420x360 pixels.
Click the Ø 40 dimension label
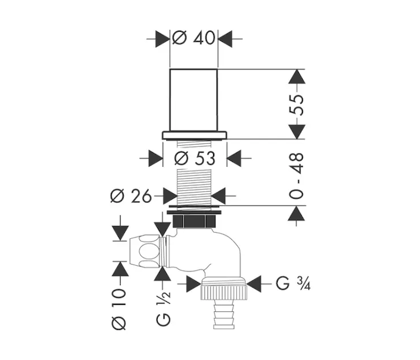click(194, 38)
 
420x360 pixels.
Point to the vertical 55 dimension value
click(296, 105)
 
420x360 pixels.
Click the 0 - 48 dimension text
click(296, 176)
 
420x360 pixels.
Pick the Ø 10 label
click(119, 309)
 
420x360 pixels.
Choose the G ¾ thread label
click(293, 283)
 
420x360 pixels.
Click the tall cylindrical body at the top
click(193, 100)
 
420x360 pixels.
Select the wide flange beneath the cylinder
click(194, 135)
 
